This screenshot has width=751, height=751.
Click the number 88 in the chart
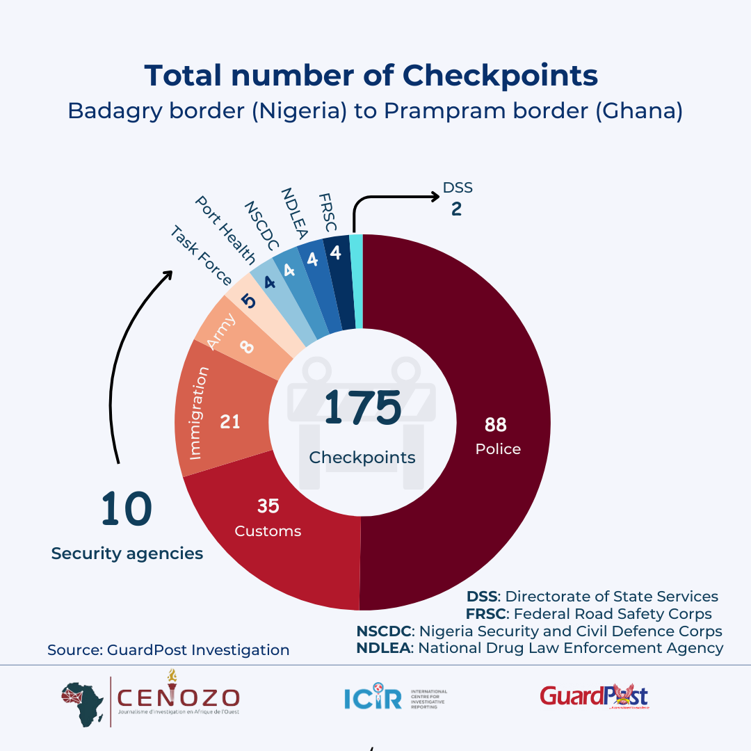point(496,424)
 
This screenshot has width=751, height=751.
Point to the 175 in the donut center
point(362,407)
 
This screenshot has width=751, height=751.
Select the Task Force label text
point(201,256)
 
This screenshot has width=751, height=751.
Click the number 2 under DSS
point(456,209)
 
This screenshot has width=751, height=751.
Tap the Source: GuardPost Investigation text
point(168,650)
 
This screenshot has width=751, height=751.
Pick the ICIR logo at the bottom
point(395,697)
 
